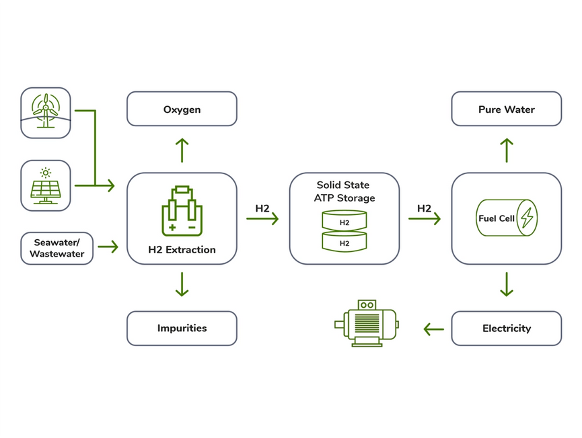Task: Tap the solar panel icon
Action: pyautogui.click(x=46, y=185)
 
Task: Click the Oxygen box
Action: pyautogui.click(x=182, y=109)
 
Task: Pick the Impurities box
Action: pyautogui.click(x=182, y=328)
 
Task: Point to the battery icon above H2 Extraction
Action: pyautogui.click(x=182, y=210)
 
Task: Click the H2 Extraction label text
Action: pyautogui.click(x=182, y=250)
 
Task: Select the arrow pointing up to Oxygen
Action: pyautogui.click(x=182, y=150)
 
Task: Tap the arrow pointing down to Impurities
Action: pyautogui.click(x=182, y=285)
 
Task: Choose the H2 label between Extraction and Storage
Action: pyautogui.click(x=262, y=209)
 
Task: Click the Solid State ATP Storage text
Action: pyautogui.click(x=343, y=191)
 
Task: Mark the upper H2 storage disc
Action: pyautogui.click(x=344, y=221)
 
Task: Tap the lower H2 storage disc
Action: pyautogui.click(x=344, y=242)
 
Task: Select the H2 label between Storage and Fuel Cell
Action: pyautogui.click(x=425, y=209)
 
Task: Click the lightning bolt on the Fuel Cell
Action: pyautogui.click(x=527, y=218)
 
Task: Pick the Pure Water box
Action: pyautogui.click(x=506, y=109)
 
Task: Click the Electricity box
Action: pyautogui.click(x=506, y=328)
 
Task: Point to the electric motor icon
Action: pyautogui.click(x=367, y=322)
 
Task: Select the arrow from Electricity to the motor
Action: pyautogui.click(x=433, y=329)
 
